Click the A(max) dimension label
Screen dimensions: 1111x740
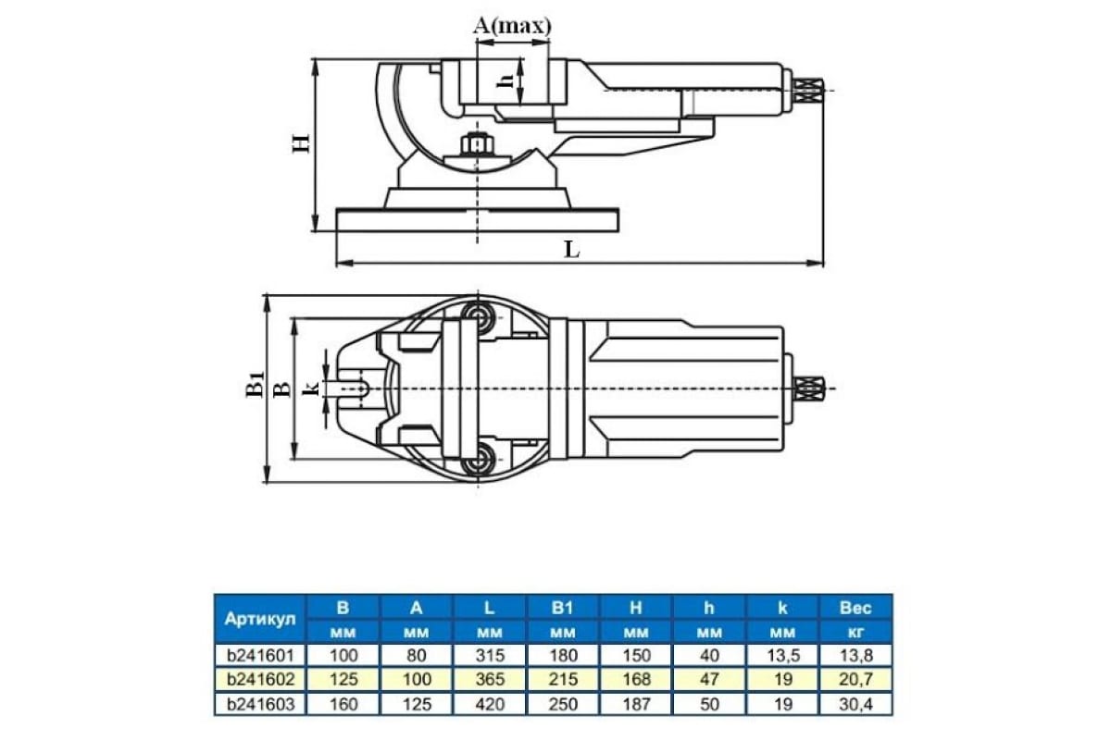pyautogui.click(x=512, y=26)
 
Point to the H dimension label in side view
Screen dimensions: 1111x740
pyautogui.click(x=301, y=143)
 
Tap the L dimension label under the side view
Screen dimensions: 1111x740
pyautogui.click(x=572, y=250)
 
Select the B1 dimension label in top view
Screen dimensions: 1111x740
pyautogui.click(x=255, y=385)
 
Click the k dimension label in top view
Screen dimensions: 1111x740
pyautogui.click(x=311, y=389)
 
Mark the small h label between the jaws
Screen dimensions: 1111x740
pyautogui.click(x=504, y=81)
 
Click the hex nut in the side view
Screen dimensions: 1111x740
pyautogui.click(x=476, y=145)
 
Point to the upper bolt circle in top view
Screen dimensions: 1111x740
pyautogui.click(x=478, y=315)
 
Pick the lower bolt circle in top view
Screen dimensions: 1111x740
pyautogui.click(x=478, y=460)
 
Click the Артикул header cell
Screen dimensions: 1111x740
pyautogui.click(x=260, y=619)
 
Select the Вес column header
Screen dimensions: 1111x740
pyautogui.click(x=855, y=608)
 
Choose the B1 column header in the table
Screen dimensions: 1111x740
pyautogui.click(x=563, y=608)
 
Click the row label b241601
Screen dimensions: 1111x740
pyautogui.click(x=260, y=655)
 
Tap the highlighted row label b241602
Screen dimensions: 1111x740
pyautogui.click(x=260, y=679)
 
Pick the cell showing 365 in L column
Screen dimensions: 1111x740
pyautogui.click(x=490, y=679)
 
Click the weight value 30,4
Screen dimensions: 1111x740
pyautogui.click(x=856, y=704)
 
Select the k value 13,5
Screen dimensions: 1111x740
pyautogui.click(x=783, y=655)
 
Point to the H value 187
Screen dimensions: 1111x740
pyautogui.click(x=636, y=704)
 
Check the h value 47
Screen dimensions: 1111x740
pyautogui.click(x=710, y=679)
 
